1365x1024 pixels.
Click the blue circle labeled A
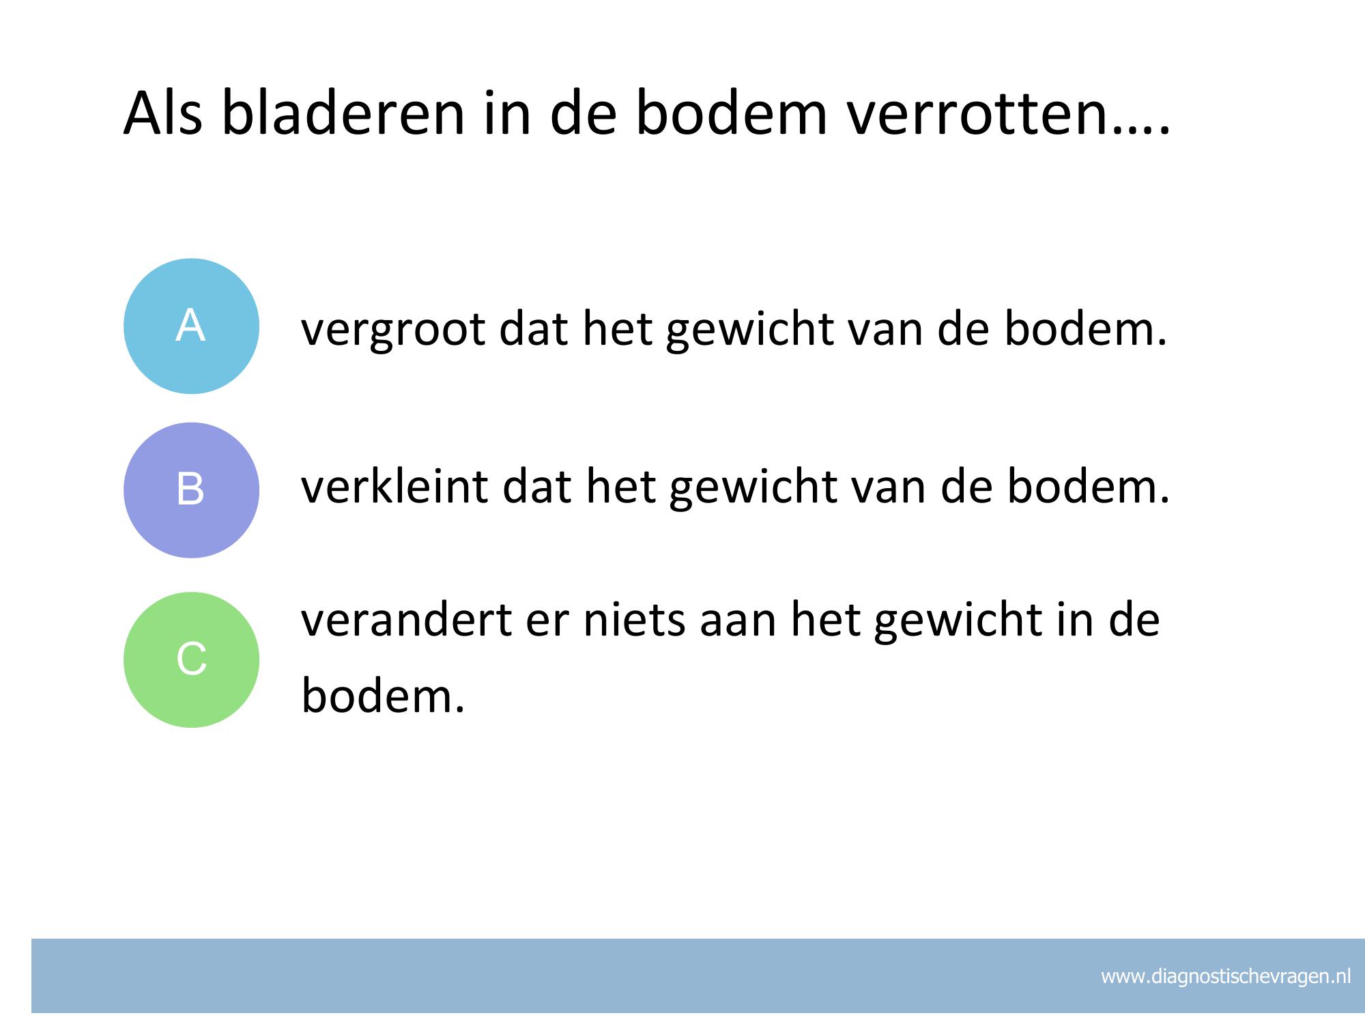coord(191,326)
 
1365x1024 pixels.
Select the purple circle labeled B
coord(191,490)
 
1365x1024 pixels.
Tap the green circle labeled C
coord(191,659)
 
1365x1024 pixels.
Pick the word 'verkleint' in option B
coord(395,486)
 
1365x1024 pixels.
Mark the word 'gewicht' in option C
coord(957,621)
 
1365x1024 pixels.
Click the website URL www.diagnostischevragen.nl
coord(1226,977)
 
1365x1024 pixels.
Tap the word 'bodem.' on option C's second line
coord(383,696)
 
